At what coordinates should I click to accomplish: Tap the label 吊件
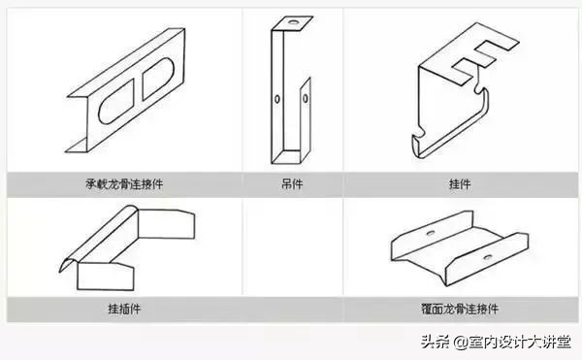[x=290, y=182]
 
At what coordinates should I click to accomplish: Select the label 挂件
[x=460, y=182]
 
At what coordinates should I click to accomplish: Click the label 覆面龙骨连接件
[x=460, y=310]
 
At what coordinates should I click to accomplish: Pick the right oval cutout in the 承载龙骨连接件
[x=157, y=81]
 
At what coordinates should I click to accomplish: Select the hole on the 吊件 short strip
[x=303, y=97]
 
